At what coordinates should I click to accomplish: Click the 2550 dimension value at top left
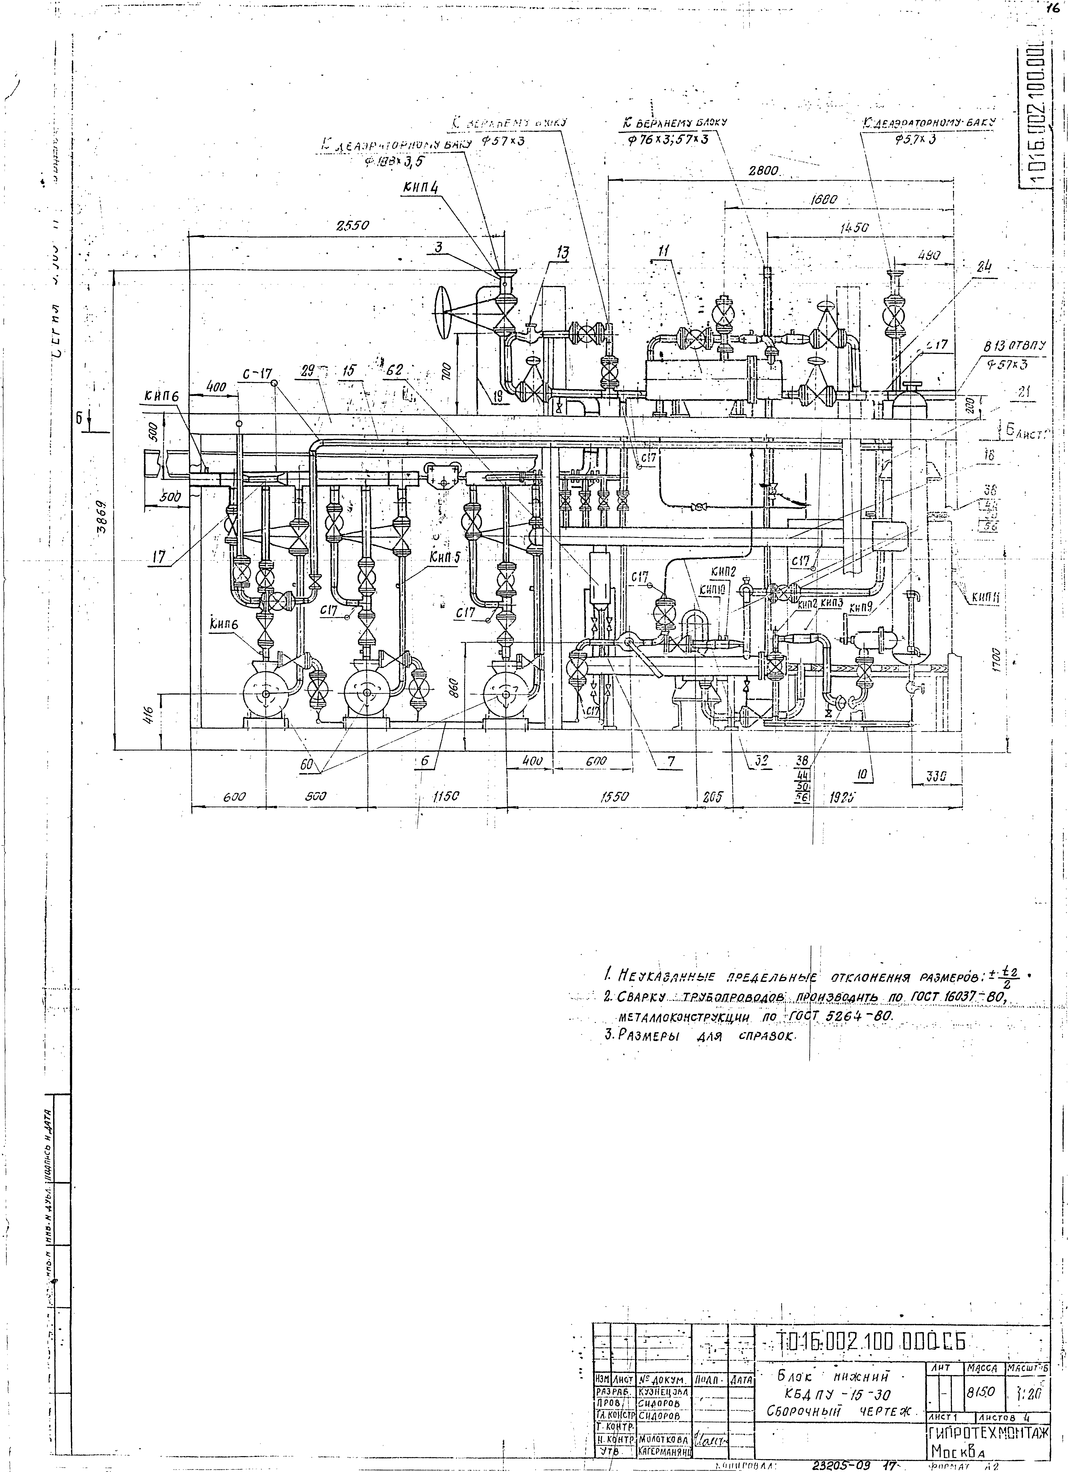pos(352,226)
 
